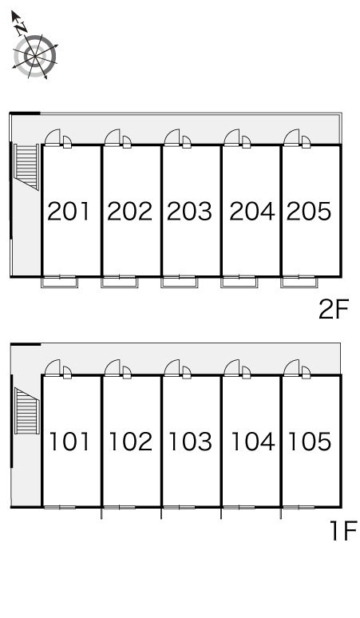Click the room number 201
point(69,212)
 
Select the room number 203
point(189,212)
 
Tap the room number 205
point(309,212)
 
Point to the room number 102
point(130,442)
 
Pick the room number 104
point(253,442)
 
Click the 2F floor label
point(334,309)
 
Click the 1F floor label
point(343,530)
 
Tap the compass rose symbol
point(35,57)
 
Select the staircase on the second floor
point(26,166)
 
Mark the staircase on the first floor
point(27,410)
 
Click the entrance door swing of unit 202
point(113,137)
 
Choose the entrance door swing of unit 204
point(231,137)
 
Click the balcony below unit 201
point(60,282)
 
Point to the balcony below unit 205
point(299,282)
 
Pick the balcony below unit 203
point(180,282)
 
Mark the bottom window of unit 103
point(180,507)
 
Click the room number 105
point(310,442)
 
